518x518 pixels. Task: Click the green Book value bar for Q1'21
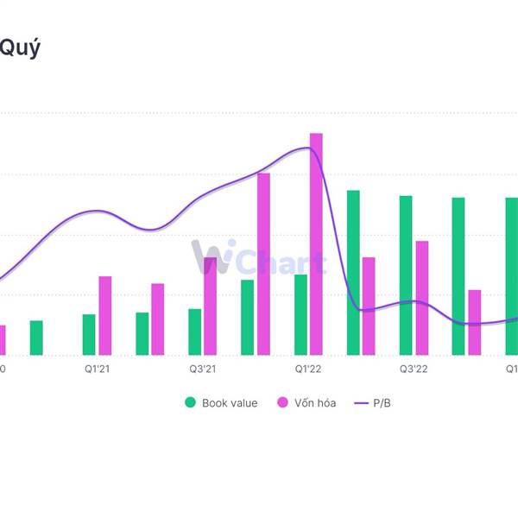click(89, 335)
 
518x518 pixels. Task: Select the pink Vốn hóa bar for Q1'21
click(105, 316)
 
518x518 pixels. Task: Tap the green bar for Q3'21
click(194, 332)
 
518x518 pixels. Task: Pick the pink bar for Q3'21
click(211, 306)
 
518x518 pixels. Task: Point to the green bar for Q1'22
click(300, 315)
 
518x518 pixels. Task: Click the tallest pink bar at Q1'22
click(316, 244)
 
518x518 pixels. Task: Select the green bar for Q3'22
click(406, 275)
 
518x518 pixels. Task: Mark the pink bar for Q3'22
click(422, 298)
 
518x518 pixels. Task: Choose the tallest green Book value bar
click(353, 273)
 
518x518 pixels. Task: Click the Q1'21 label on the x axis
click(97, 369)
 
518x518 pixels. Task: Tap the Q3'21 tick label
click(202, 369)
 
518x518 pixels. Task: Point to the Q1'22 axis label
click(308, 369)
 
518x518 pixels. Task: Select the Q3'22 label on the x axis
click(414, 369)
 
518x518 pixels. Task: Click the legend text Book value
click(230, 403)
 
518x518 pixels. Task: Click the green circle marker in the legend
click(190, 403)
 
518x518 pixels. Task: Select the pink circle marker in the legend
click(282, 403)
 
